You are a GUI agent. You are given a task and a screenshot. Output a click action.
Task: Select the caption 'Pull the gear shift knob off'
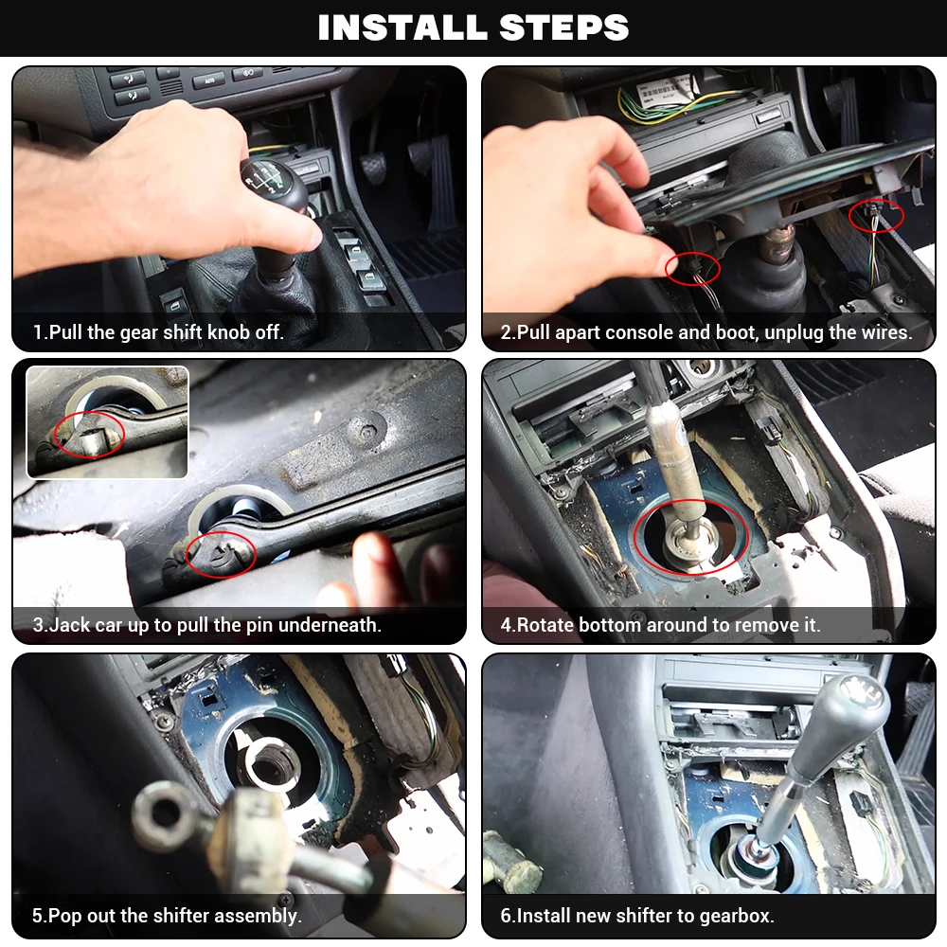(x=158, y=332)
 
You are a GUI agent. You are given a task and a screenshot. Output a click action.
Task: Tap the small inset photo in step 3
(x=107, y=422)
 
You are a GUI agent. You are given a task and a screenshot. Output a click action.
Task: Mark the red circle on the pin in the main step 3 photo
(x=220, y=553)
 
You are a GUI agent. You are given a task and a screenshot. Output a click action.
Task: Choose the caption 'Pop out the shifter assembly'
(x=167, y=916)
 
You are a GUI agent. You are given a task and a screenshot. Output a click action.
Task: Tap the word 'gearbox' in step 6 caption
(x=737, y=916)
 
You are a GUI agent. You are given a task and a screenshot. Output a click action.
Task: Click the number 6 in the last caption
(x=506, y=916)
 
